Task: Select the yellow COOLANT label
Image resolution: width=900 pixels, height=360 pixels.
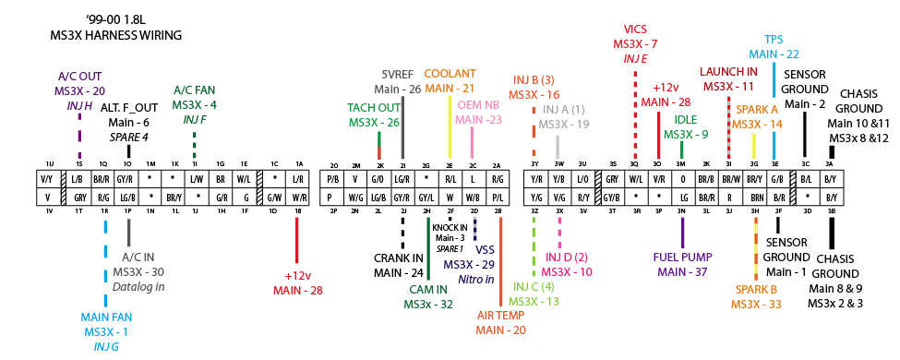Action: pyautogui.click(x=450, y=74)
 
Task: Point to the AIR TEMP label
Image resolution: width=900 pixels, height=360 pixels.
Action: pyautogui.click(x=501, y=315)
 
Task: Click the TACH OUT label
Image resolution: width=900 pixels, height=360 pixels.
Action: pyautogui.click(x=374, y=108)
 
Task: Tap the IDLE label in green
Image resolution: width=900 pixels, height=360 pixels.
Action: pyautogui.click(x=685, y=119)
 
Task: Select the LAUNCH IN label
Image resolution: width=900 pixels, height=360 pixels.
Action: pyautogui.click(x=727, y=71)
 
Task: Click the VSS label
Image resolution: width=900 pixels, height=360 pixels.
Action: pyautogui.click(x=486, y=249)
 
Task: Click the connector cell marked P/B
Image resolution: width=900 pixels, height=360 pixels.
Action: pyautogui.click(x=334, y=178)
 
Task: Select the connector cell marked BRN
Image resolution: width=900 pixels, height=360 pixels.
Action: pyautogui.click(x=754, y=198)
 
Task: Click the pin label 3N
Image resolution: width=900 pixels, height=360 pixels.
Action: pyautogui.click(x=680, y=211)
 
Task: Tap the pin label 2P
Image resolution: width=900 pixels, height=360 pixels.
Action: pyautogui.click(x=333, y=211)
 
